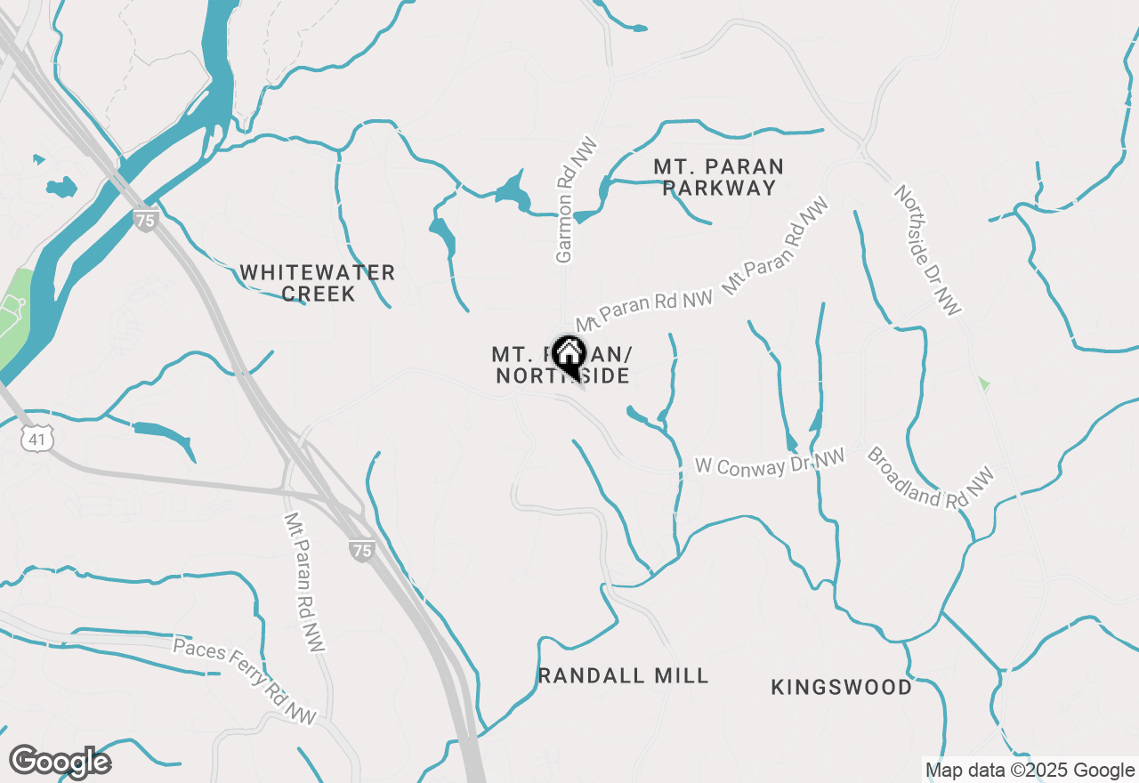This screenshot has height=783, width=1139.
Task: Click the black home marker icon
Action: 569,355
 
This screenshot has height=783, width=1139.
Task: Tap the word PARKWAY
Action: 719,188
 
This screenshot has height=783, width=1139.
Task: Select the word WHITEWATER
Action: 317,272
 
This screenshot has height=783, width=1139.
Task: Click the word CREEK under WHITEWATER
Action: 319,294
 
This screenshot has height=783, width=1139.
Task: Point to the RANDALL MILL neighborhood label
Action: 623,675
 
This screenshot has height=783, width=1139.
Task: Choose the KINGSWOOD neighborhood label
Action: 841,687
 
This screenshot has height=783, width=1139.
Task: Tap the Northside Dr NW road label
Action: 928,250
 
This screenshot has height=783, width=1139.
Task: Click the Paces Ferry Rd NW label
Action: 245,681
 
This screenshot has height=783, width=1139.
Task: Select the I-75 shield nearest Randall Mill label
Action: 361,551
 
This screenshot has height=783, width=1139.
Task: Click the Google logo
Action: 60,762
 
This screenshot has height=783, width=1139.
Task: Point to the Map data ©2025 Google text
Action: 1030,771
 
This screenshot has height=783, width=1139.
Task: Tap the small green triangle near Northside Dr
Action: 983,383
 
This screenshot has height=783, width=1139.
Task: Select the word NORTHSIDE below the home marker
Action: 562,376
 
